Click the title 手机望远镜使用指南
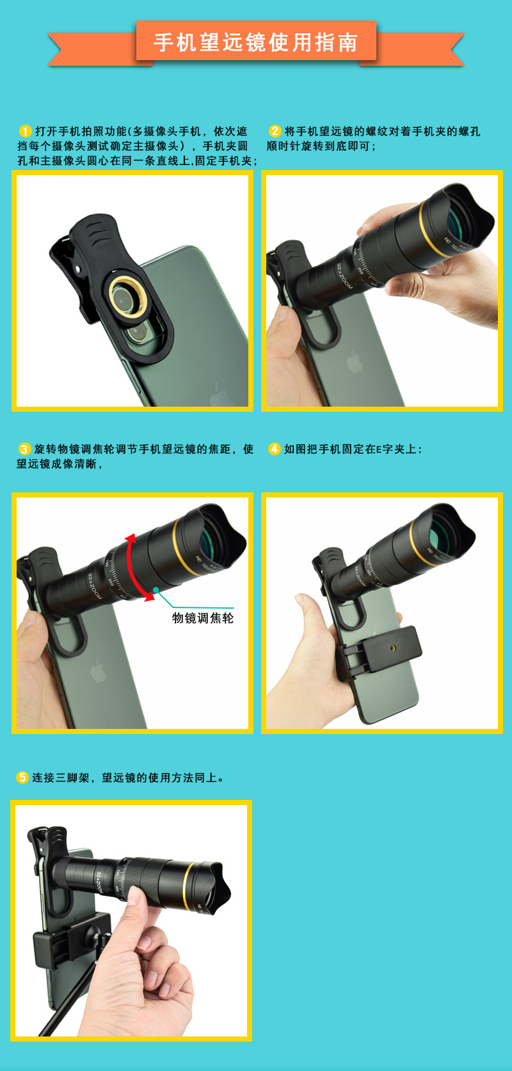point(255,42)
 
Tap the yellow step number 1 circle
point(25,131)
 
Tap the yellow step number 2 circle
point(275,131)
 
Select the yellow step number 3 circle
point(24,449)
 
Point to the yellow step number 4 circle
point(275,449)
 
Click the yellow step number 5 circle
point(22,778)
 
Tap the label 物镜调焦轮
point(203,618)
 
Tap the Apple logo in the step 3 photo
point(98,671)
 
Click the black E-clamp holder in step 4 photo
point(381,652)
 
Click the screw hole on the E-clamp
point(393,648)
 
